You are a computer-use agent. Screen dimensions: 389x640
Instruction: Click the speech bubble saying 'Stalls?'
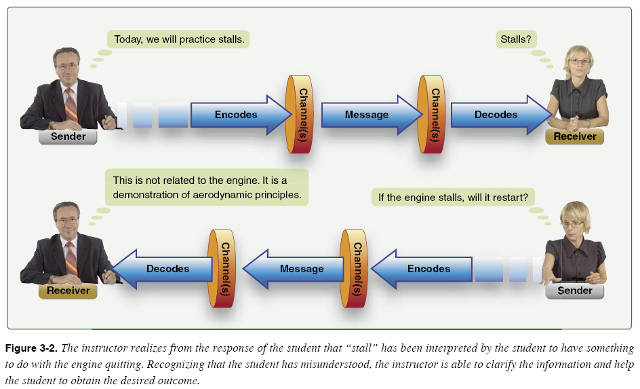(516, 39)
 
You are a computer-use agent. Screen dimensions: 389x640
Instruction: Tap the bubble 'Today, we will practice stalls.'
(179, 39)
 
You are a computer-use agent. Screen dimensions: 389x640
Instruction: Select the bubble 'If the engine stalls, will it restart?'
(453, 198)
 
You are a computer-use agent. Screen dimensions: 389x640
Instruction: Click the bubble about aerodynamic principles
(207, 187)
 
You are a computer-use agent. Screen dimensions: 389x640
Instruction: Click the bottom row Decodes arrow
(163, 269)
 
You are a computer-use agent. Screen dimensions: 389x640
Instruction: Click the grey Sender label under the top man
(68, 136)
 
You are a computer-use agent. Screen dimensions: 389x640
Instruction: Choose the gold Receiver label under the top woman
(575, 136)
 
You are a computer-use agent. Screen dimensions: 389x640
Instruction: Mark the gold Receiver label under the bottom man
(68, 291)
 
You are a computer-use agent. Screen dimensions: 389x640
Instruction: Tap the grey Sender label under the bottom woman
(575, 291)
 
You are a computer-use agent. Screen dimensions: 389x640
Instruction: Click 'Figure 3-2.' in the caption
(31, 349)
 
